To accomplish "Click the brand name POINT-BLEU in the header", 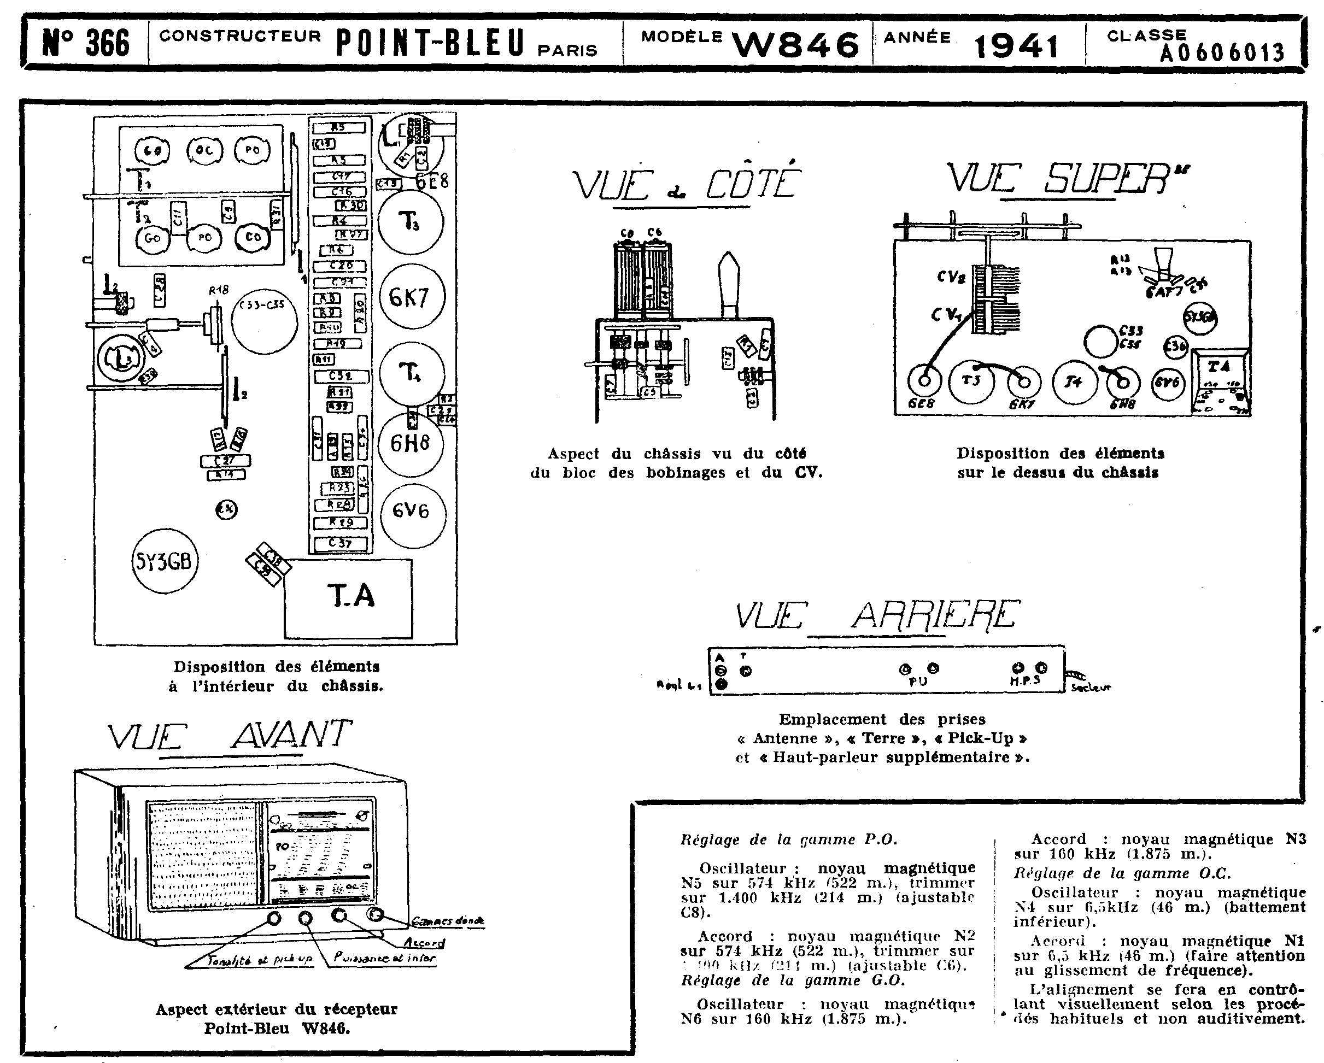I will point(430,43).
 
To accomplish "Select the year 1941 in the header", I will point(1016,45).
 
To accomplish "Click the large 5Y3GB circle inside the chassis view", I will point(165,561).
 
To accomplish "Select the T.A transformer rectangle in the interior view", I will point(349,597).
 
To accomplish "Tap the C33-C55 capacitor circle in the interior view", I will point(264,321).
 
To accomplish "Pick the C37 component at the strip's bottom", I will point(341,543).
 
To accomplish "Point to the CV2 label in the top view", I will point(951,278).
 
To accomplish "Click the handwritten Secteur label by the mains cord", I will point(1091,688).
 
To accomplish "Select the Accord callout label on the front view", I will point(424,942).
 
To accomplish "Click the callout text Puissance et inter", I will point(385,958).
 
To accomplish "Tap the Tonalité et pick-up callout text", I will point(260,960).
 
